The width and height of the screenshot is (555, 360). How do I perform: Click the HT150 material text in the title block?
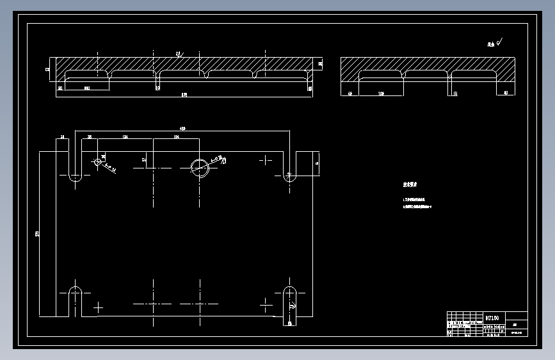[492, 317]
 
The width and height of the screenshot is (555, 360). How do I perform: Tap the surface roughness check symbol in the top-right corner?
[496, 44]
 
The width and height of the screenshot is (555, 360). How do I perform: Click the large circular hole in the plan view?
[200, 167]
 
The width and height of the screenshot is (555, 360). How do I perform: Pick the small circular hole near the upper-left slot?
[97, 161]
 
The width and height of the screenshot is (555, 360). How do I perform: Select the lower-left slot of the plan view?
[75, 301]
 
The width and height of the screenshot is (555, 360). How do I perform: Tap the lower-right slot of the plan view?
[290, 301]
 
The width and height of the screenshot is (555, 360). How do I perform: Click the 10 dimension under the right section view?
[454, 94]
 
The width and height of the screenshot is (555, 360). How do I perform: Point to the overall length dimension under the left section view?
[184, 95]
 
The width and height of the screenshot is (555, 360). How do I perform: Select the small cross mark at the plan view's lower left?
[98, 308]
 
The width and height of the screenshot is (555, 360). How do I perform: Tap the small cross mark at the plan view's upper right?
[266, 160]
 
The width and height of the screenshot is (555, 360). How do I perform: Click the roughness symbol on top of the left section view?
[179, 54]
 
